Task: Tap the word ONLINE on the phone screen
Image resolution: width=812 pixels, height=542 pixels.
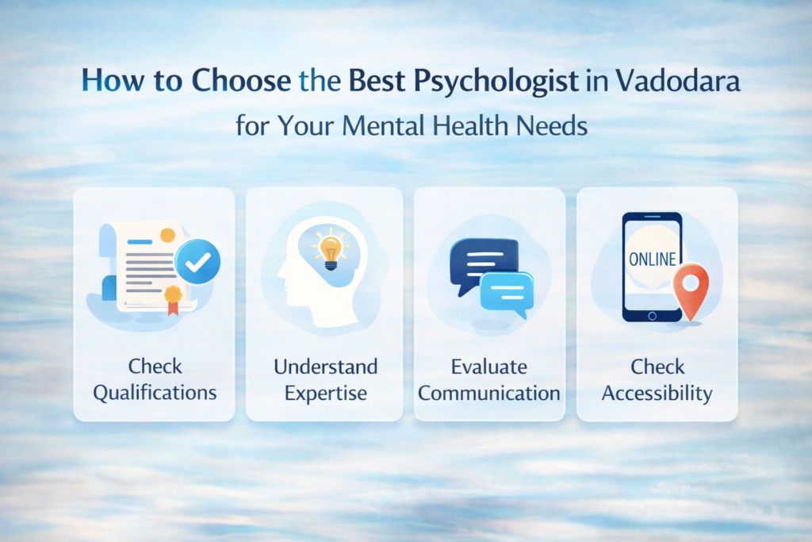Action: pos(652,259)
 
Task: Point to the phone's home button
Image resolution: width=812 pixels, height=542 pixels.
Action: pos(652,315)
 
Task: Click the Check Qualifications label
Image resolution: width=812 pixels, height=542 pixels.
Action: pos(155,379)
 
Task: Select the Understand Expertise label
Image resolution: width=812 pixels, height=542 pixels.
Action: pos(325,379)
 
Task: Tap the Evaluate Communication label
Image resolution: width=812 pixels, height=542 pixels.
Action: pos(489,379)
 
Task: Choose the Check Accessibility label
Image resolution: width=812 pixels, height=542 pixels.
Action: pos(657,379)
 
